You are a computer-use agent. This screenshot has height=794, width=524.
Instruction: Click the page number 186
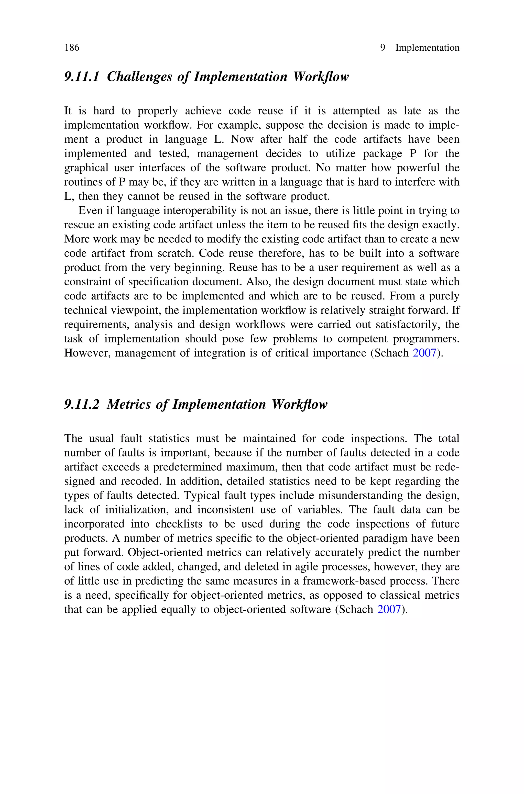coord(72,48)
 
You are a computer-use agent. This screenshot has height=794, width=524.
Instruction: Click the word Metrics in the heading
coord(128,404)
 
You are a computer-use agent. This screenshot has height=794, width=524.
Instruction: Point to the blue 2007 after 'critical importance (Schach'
coord(424,353)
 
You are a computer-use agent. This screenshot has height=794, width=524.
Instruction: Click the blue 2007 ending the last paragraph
coord(389,609)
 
